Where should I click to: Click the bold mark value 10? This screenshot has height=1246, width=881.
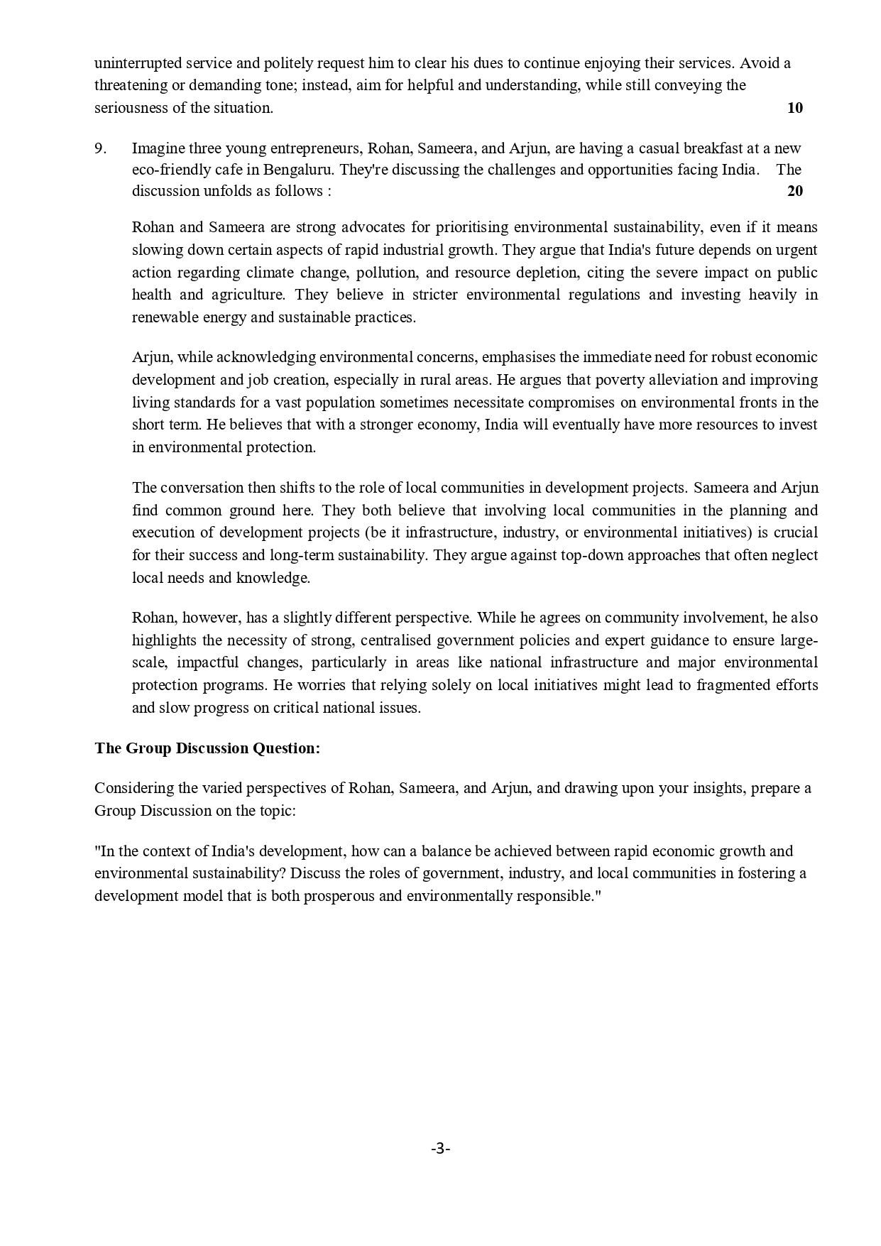pos(794,108)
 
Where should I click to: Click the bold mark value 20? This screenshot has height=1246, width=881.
pos(794,191)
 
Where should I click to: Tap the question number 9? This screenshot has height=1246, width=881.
pos(100,148)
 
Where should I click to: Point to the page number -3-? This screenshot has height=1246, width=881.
pos(440,1148)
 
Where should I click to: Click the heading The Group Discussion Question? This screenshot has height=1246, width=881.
pos(207,748)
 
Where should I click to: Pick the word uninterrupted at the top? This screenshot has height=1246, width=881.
pos(137,63)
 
